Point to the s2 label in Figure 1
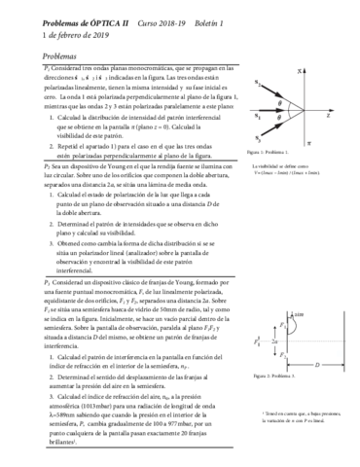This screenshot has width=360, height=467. tap(257, 83)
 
